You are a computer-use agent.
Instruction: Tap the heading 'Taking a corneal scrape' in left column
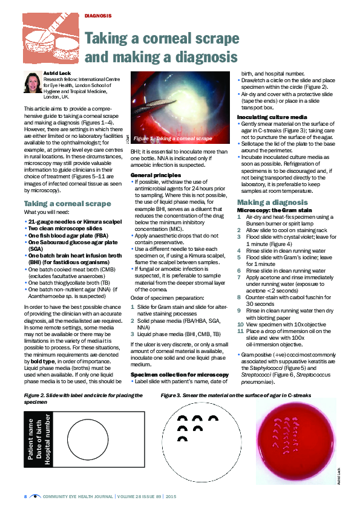point(67,203)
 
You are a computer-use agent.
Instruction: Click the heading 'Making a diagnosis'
point(272,202)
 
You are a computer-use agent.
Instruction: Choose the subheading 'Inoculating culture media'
point(267,116)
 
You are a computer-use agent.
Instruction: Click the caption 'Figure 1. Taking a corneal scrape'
point(172,138)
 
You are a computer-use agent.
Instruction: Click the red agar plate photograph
point(293,442)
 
